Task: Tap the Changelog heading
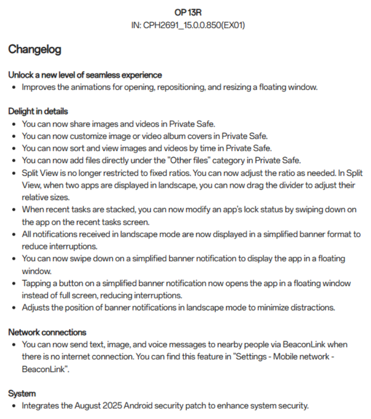pyautogui.click(x=35, y=50)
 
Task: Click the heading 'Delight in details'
pyautogui.click(x=38, y=111)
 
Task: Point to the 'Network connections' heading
pyautogui.click(x=47, y=332)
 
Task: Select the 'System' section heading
pyautogui.click(x=22, y=393)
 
